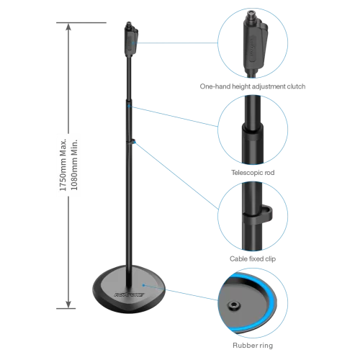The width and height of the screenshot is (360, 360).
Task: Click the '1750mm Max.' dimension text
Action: click(63, 165)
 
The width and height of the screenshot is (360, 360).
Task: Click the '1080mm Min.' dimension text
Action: click(74, 165)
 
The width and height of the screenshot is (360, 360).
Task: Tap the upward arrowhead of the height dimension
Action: click(68, 27)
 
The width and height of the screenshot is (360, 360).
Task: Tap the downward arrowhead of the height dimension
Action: click(68, 304)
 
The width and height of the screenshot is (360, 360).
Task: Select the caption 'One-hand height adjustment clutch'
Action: click(253, 86)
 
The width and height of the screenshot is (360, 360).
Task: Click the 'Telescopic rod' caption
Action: click(253, 173)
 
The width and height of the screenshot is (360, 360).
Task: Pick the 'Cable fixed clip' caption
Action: click(253, 258)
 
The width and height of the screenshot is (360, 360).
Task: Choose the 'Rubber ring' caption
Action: click(253, 346)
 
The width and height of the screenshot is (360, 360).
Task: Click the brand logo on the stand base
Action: click(129, 294)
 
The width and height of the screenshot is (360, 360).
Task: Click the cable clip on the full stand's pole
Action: click(132, 141)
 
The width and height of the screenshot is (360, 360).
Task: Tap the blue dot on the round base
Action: click(143, 285)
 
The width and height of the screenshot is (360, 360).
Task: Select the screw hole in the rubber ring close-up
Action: click(233, 305)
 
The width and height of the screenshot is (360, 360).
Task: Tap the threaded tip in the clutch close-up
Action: click(251, 15)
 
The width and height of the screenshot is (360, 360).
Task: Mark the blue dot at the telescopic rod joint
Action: click(129, 106)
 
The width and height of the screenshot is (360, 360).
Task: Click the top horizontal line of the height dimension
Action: click(81, 22)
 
